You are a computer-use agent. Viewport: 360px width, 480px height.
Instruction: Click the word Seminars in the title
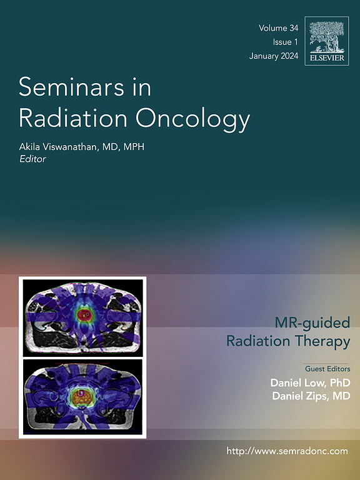pos(71,87)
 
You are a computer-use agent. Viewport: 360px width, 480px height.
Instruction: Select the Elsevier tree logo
pos(327,41)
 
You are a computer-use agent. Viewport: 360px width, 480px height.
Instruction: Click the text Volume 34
pos(278,28)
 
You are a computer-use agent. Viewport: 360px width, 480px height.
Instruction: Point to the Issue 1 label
pos(285,42)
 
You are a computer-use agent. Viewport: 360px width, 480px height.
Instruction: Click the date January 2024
pos(274,56)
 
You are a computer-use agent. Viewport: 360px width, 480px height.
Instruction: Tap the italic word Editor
pos(32,159)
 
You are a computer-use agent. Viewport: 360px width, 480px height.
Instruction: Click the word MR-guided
pos(312,323)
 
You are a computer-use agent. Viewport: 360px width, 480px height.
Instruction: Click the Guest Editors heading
pos(327,369)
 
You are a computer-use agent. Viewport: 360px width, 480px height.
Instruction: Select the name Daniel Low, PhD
pos(310,382)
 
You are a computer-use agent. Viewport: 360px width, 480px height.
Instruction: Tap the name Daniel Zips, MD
pos(311,396)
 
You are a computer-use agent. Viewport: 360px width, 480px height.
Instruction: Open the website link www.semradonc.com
pos(287,451)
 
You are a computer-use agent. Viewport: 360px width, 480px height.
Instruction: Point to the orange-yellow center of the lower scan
pos(82,397)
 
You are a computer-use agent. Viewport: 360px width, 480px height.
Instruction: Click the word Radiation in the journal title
pos(73,118)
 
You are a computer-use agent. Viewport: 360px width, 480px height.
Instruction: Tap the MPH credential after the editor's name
pos(134,147)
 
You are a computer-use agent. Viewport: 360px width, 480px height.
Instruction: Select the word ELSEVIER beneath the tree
pos(327,58)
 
